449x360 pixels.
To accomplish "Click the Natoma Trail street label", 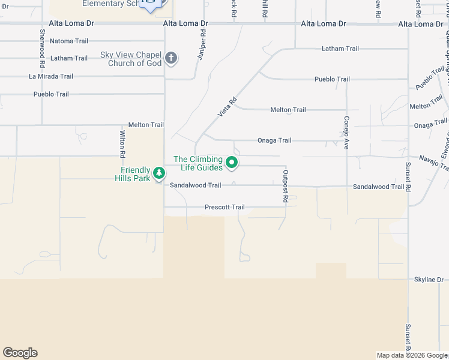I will coord(68,41).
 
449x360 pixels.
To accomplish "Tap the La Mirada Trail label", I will coord(51,76).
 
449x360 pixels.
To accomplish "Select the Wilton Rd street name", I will coord(122,144).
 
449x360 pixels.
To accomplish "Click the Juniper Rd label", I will coord(202,45).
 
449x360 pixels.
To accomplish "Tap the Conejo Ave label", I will coord(346,132).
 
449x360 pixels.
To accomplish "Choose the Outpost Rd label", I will coord(286,187).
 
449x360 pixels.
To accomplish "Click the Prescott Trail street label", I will coord(224,207).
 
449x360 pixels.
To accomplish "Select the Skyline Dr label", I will coord(428,280).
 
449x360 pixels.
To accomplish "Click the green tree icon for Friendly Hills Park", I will coord(158,173).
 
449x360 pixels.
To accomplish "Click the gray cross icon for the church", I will coord(171,58).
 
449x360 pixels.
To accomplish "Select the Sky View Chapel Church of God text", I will coord(131,59).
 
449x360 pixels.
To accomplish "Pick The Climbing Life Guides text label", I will coord(198,163).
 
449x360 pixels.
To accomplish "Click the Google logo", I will coord(20,353).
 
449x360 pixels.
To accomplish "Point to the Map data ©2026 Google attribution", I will coord(412,355).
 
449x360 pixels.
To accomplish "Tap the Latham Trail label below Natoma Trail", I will coord(69,58).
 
